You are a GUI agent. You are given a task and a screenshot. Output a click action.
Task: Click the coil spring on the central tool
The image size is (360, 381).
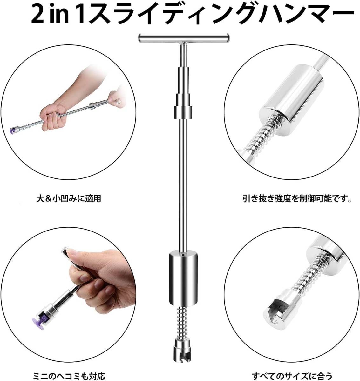tap(183, 323)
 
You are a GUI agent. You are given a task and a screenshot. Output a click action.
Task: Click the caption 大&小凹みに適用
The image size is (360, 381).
tap(69, 199)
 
